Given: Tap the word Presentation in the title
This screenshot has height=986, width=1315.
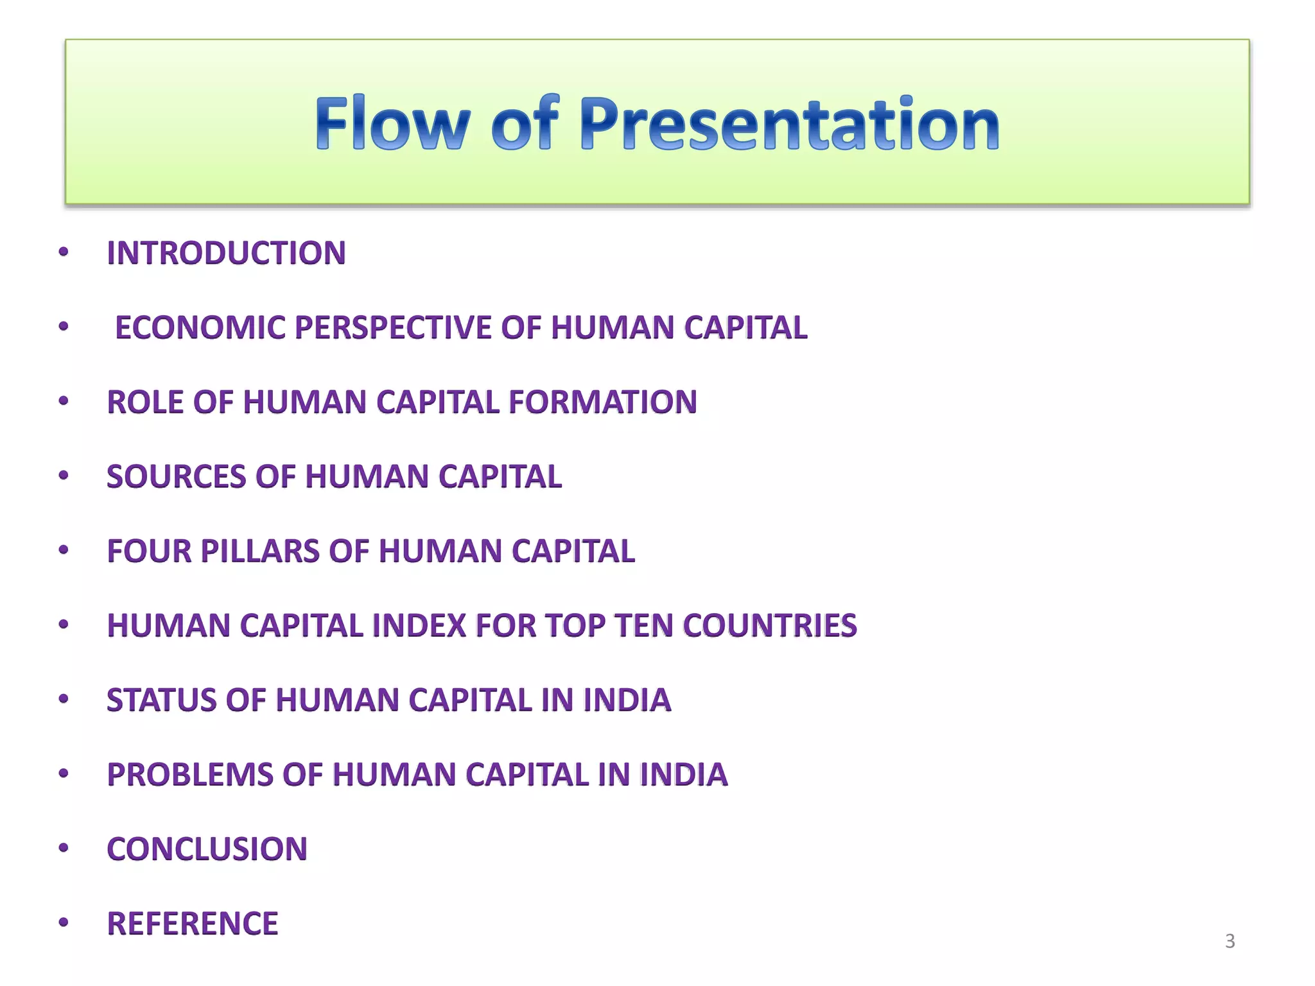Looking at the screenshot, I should [x=789, y=123].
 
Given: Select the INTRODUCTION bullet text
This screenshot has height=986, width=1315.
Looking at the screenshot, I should [x=226, y=253].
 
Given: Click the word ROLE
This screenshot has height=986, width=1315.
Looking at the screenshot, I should [x=146, y=402].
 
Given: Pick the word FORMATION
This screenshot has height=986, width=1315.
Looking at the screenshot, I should [x=602, y=402].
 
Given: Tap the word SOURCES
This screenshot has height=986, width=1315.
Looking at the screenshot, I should [x=177, y=476].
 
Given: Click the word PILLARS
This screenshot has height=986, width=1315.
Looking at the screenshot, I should [x=260, y=551].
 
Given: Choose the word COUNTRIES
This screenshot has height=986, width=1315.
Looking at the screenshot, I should [x=770, y=625].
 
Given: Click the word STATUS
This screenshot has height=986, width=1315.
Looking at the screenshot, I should [x=161, y=700].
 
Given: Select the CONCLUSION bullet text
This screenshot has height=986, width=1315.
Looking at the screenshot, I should [x=207, y=849].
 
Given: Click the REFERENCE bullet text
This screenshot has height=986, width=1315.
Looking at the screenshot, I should [x=193, y=923].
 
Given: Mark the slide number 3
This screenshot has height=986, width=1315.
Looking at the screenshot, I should [x=1230, y=941].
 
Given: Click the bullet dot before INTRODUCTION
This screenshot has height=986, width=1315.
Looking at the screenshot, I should [x=63, y=252].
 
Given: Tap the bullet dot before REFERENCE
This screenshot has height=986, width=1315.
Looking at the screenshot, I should [x=63, y=922].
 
